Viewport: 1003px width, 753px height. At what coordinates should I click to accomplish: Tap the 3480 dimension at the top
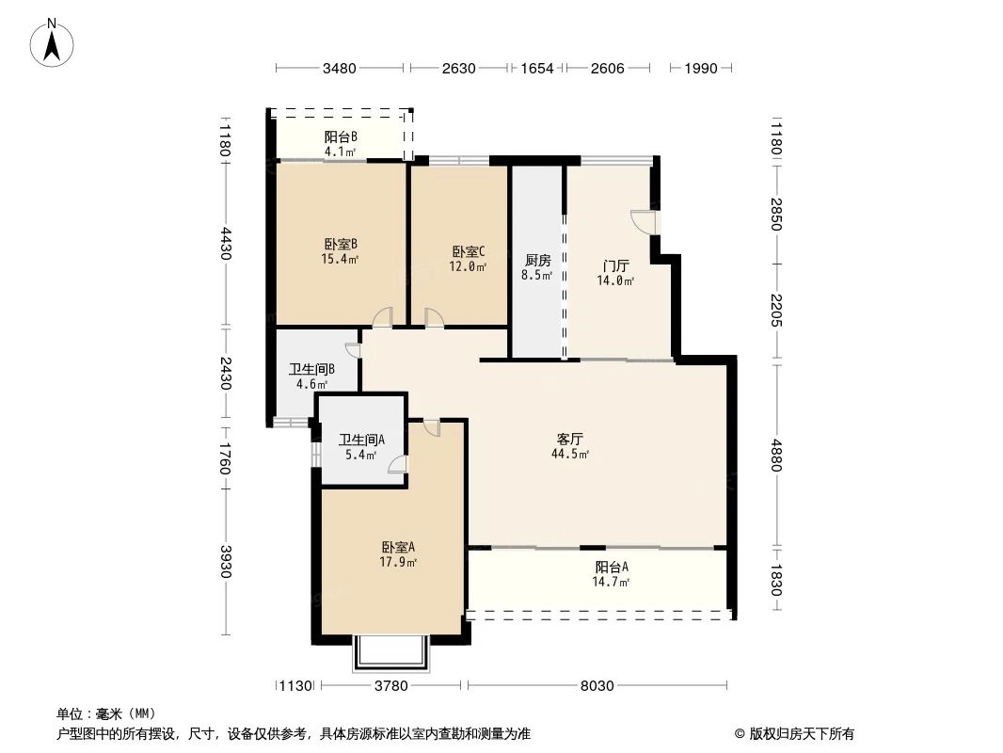coord(339,68)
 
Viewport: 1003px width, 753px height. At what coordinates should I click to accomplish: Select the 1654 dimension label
coord(537,68)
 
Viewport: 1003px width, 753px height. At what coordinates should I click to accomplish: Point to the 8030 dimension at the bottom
coord(597,686)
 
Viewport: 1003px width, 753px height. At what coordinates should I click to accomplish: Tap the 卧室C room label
coord(469,251)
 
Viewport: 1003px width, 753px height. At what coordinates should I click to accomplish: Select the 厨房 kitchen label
coord(537,261)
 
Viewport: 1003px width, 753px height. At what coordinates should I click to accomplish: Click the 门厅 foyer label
coord(615,264)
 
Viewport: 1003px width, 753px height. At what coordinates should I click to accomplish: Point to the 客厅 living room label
coord(570,439)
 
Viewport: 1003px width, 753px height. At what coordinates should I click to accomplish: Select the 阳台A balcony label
coord(612,567)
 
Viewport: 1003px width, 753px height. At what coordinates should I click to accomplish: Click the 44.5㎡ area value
coord(570,455)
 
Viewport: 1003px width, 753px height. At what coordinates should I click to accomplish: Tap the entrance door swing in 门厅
coord(643,221)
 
